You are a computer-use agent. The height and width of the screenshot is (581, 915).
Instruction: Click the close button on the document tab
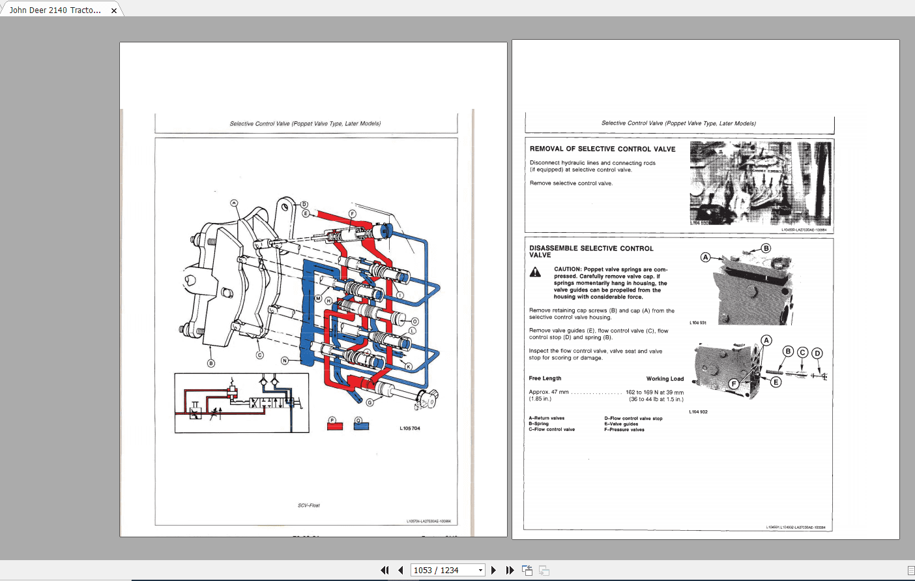click(114, 10)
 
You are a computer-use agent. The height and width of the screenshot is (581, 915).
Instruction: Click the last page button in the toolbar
click(510, 570)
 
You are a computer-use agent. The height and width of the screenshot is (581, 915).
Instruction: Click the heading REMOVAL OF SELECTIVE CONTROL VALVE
click(602, 149)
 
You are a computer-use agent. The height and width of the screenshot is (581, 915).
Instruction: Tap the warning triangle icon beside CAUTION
click(535, 273)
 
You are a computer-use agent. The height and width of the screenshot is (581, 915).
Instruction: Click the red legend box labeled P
click(334, 426)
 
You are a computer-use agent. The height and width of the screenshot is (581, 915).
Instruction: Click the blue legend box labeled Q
click(361, 426)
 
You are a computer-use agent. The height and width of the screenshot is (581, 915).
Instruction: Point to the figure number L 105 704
click(410, 428)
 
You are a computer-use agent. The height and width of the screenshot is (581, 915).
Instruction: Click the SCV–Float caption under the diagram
click(309, 505)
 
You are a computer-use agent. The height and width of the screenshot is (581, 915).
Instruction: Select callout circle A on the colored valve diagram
click(234, 203)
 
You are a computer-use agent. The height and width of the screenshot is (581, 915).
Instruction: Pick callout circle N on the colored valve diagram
click(284, 361)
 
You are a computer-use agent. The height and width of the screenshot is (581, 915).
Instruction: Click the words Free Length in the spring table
click(545, 378)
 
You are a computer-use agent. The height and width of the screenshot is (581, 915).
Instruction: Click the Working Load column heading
click(665, 379)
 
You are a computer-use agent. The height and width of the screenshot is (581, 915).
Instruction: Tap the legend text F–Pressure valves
click(624, 430)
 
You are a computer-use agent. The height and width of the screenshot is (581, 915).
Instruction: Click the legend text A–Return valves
click(546, 418)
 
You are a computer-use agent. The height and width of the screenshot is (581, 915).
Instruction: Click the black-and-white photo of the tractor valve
click(760, 183)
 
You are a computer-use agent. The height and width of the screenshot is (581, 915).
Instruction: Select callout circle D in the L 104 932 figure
click(817, 353)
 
